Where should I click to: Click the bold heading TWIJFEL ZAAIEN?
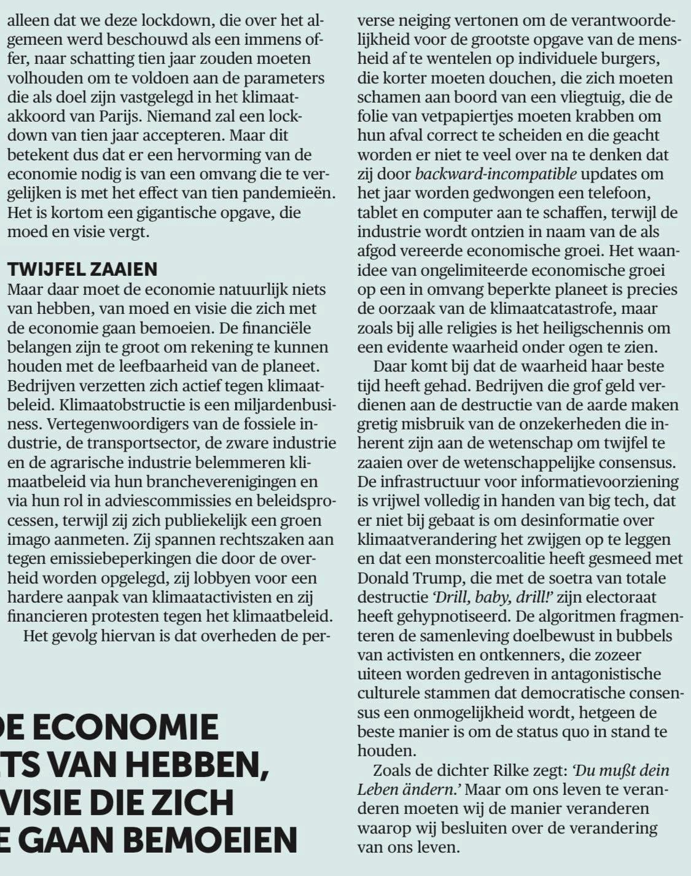[82, 269]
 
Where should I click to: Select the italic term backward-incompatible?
[496, 174]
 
